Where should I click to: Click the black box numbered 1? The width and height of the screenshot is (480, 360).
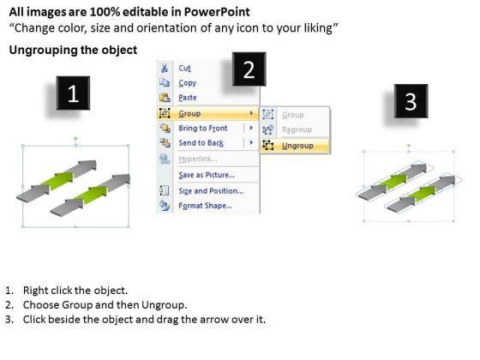click(73, 93)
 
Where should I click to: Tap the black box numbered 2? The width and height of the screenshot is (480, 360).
click(249, 69)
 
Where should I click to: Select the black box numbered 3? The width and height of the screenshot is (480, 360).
click(411, 101)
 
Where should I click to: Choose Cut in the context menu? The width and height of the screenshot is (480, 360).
click(184, 68)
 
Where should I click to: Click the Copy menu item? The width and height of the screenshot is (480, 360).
click(188, 83)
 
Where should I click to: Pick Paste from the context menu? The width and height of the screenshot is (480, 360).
click(188, 98)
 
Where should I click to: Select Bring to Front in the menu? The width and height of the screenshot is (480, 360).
click(203, 129)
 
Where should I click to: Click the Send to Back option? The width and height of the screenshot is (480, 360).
click(201, 143)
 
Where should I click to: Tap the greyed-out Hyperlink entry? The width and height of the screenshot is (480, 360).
click(198, 159)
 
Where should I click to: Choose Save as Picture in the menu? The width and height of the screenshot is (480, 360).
click(207, 175)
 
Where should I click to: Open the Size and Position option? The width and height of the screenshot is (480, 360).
click(211, 191)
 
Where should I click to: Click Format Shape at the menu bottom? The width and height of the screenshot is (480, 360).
click(205, 206)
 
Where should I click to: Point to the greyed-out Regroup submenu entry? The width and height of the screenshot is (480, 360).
click(297, 129)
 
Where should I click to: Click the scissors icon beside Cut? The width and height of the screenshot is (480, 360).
click(165, 68)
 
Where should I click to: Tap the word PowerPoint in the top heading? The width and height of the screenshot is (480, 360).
click(217, 12)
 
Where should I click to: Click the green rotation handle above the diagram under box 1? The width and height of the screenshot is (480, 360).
click(75, 139)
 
